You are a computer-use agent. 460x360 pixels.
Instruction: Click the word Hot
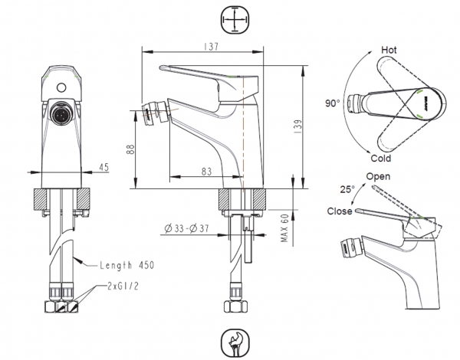click(390, 50)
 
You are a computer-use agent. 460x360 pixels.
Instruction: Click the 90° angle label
click(332, 102)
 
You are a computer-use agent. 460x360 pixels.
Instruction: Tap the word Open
click(378, 177)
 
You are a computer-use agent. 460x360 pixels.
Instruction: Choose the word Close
click(339, 211)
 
